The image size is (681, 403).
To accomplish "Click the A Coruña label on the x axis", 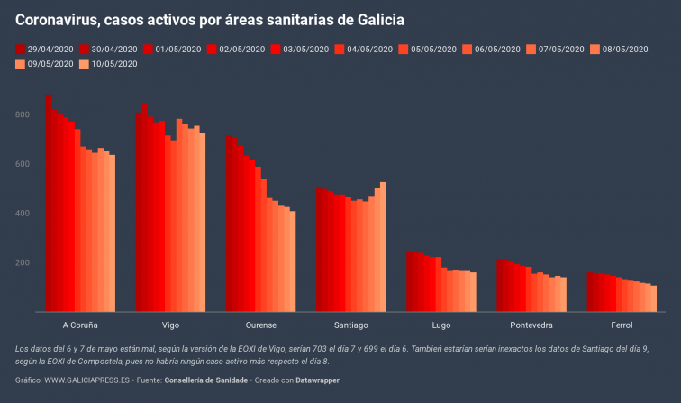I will tap(80, 325).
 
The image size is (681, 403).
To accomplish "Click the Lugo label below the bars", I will tap(441, 325).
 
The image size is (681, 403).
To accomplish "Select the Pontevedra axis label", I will tap(531, 325).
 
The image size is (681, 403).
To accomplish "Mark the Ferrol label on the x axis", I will tap(622, 325).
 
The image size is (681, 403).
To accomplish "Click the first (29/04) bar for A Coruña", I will tap(49, 203).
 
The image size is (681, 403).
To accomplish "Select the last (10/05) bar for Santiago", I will tap(383, 247).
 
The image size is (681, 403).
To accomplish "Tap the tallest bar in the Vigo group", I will tap(144, 207).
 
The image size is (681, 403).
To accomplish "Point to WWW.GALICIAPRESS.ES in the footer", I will tap(90, 380).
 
